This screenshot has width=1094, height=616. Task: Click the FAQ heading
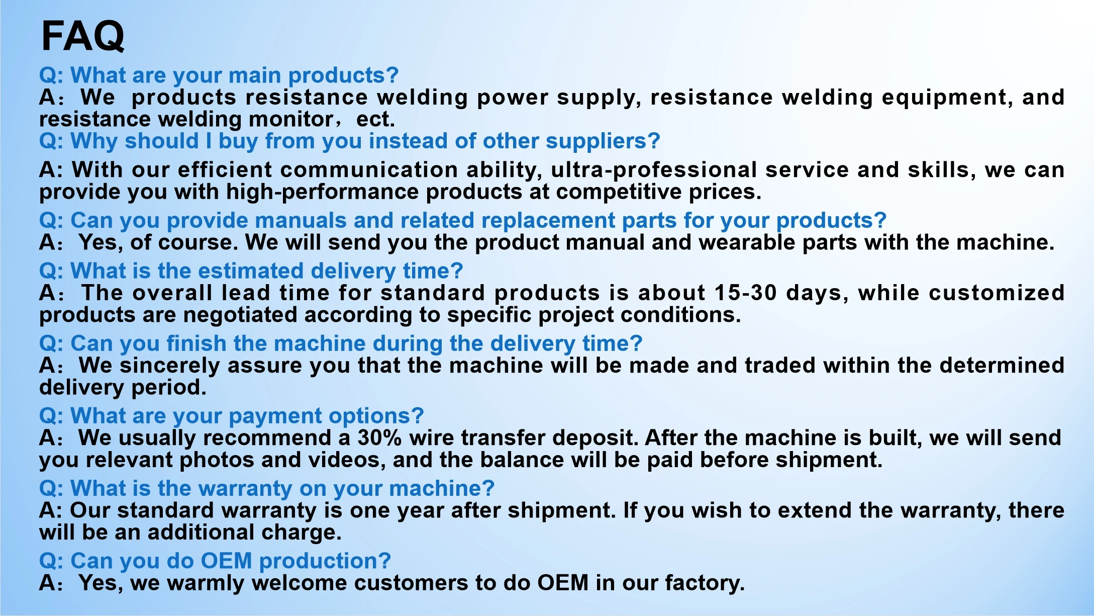(83, 36)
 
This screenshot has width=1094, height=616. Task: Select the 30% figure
(379, 437)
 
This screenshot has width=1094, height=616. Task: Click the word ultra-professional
(654, 170)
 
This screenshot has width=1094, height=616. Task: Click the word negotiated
(240, 315)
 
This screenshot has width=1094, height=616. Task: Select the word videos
(347, 460)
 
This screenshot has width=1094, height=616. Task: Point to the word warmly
(206, 583)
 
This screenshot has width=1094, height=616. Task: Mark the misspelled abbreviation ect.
(375, 119)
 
